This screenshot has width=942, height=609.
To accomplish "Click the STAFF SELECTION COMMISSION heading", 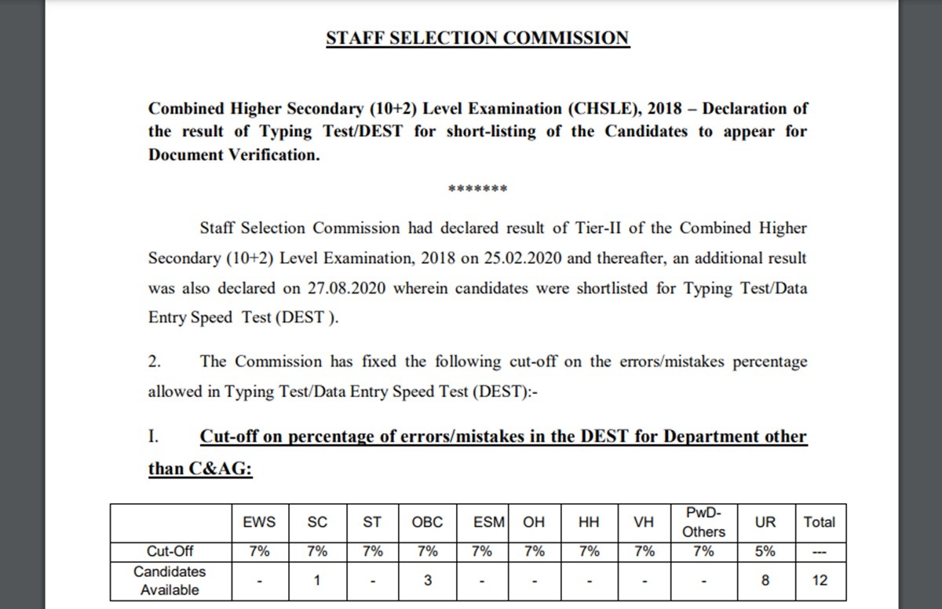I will pyautogui.click(x=477, y=38).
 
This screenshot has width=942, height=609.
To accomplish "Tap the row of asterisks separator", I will pyautogui.click(x=477, y=190).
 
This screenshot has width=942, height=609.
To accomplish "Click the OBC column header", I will pyautogui.click(x=427, y=522).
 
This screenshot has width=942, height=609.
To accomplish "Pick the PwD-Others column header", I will pyautogui.click(x=704, y=522).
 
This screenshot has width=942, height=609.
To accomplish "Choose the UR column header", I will pyautogui.click(x=765, y=522).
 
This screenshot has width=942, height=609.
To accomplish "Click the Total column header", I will pyautogui.click(x=820, y=522).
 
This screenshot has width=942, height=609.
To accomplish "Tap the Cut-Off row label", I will pyautogui.click(x=170, y=552).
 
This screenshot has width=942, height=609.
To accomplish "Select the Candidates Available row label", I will pyautogui.click(x=170, y=581).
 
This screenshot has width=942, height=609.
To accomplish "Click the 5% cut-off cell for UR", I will pyautogui.click(x=765, y=552).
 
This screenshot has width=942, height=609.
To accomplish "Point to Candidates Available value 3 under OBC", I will pyautogui.click(x=427, y=582).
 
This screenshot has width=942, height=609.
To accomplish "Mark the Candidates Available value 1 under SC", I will pyautogui.click(x=316, y=582).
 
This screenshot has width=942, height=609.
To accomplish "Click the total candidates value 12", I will pyautogui.click(x=820, y=582).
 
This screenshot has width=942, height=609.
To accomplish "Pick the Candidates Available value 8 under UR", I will pyautogui.click(x=765, y=582).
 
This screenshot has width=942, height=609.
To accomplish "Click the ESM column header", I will pyautogui.click(x=489, y=522).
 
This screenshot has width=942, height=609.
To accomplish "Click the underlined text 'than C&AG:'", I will pyautogui.click(x=200, y=469).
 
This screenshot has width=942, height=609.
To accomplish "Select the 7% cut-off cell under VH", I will pyautogui.click(x=644, y=552).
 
